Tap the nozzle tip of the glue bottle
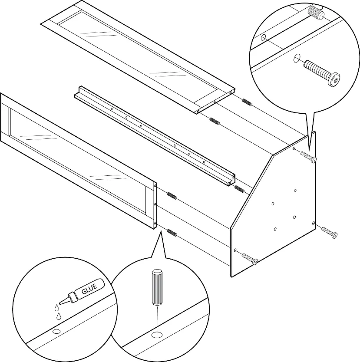coord(60,303)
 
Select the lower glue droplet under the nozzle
coord(59,316)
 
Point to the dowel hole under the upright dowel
coord(157,335)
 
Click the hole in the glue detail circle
coord(56,332)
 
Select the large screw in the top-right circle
coord(322,72)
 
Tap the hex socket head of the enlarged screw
coord(335,80)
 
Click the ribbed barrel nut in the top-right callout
coord(315,12)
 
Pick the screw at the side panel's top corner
coord(308,157)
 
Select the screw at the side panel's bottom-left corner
coord(250,259)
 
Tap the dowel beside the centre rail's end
coord(239,189)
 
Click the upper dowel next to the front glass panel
coord(172,196)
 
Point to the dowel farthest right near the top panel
coord(247,102)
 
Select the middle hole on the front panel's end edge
coord(155,204)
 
